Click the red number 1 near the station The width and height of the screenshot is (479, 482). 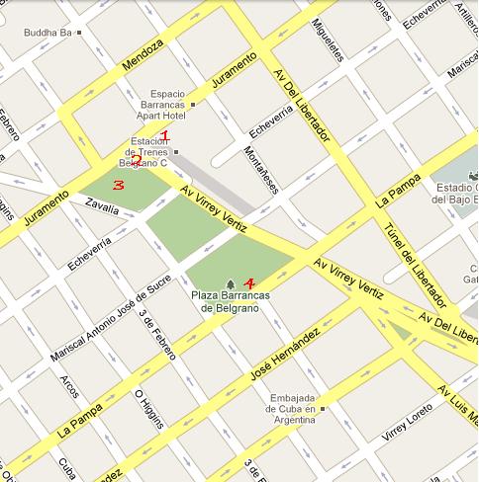click(x=165, y=136)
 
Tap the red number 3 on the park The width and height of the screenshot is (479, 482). click(x=118, y=185)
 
